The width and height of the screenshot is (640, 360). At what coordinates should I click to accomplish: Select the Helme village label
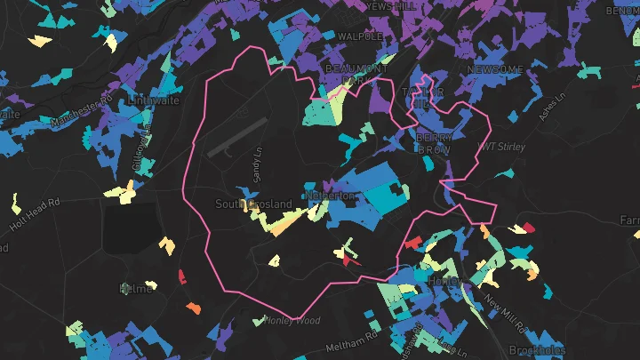(136, 288)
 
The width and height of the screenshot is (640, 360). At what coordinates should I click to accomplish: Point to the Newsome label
(496, 70)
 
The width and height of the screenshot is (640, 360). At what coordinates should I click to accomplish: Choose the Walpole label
(361, 36)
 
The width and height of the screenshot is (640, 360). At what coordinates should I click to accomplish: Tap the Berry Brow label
(435, 144)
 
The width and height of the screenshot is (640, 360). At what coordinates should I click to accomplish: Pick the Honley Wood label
(292, 320)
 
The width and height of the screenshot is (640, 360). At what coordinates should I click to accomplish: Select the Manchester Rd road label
(79, 109)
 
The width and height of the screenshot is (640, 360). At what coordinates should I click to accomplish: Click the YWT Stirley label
(501, 146)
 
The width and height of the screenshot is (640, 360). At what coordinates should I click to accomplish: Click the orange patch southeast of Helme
(193, 308)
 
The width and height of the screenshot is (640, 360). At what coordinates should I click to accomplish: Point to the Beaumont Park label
(356, 74)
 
